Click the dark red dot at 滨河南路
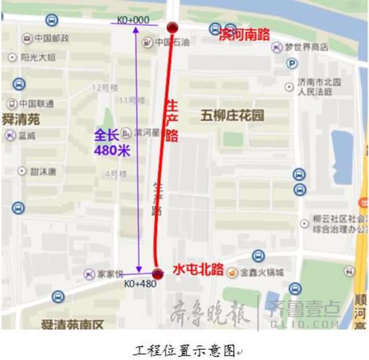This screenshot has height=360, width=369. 172,27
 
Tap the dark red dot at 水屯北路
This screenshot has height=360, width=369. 158,274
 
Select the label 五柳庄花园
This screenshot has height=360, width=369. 232,116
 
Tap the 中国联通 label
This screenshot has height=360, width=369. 36,104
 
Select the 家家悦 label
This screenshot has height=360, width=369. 110,274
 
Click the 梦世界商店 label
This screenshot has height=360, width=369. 306,47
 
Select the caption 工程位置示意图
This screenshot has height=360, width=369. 184,349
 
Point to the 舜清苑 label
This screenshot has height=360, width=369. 21,120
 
